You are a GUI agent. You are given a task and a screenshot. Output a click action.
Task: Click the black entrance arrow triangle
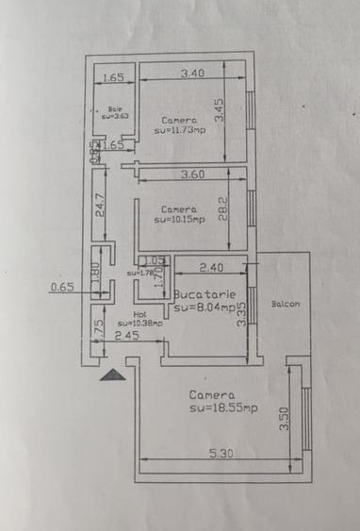pos(112,374)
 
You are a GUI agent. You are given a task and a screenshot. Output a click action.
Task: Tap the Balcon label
pos(286,304)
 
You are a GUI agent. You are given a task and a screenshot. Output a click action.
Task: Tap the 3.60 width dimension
pos(193,174)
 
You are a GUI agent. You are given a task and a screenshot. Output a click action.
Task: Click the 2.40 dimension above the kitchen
pos(211,267)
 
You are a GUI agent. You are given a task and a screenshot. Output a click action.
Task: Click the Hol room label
pos(139,314)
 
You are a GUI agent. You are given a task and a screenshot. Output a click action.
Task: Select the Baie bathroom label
pos(115,108)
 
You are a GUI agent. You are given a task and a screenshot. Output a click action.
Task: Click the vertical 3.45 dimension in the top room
pos(219,111)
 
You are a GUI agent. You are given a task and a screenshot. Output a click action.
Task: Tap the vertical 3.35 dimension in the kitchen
pos(242,312)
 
